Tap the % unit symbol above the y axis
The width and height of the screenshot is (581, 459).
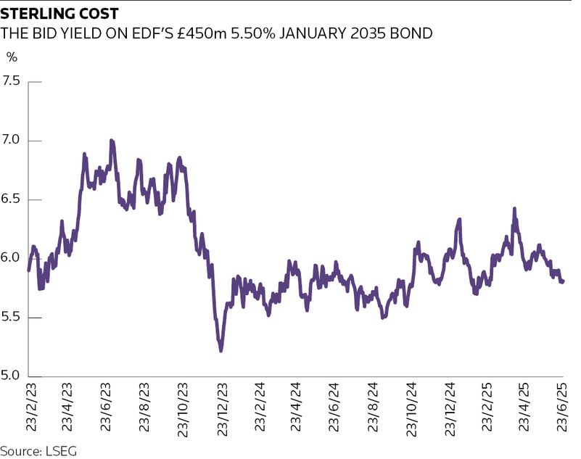[x=12, y=57]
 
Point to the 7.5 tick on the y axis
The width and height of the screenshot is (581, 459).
[x=12, y=81]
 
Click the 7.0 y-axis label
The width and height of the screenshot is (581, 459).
[x=12, y=140]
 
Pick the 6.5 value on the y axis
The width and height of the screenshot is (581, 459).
[x=12, y=199]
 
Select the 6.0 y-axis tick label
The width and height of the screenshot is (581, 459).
[x=12, y=258]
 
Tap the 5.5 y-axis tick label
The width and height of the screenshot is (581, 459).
[x=12, y=318]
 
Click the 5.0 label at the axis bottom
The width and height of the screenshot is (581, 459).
[x=12, y=376]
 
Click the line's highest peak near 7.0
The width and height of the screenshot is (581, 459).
[x=111, y=141]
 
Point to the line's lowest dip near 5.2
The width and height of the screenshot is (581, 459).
[x=221, y=351]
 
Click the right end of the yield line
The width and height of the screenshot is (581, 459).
[x=564, y=281]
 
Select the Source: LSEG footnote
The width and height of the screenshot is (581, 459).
[x=38, y=450]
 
